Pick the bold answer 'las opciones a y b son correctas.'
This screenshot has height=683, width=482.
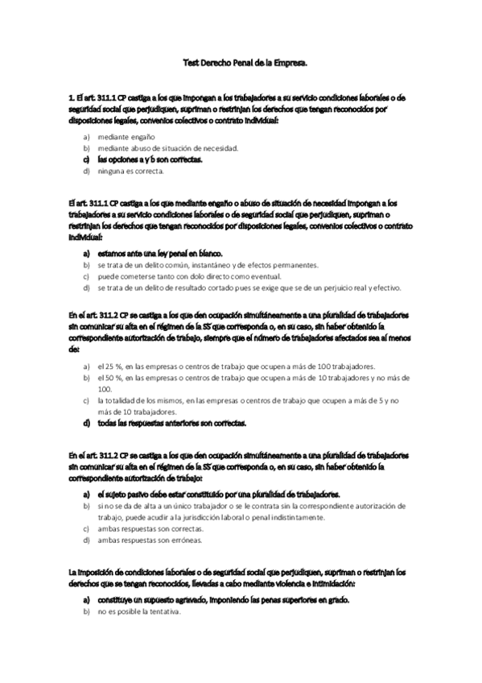point(150,159)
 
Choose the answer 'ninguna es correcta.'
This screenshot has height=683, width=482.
point(130,171)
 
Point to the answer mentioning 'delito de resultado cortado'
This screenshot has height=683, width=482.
point(249,287)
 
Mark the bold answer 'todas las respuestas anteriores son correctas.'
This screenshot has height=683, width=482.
point(172,422)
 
